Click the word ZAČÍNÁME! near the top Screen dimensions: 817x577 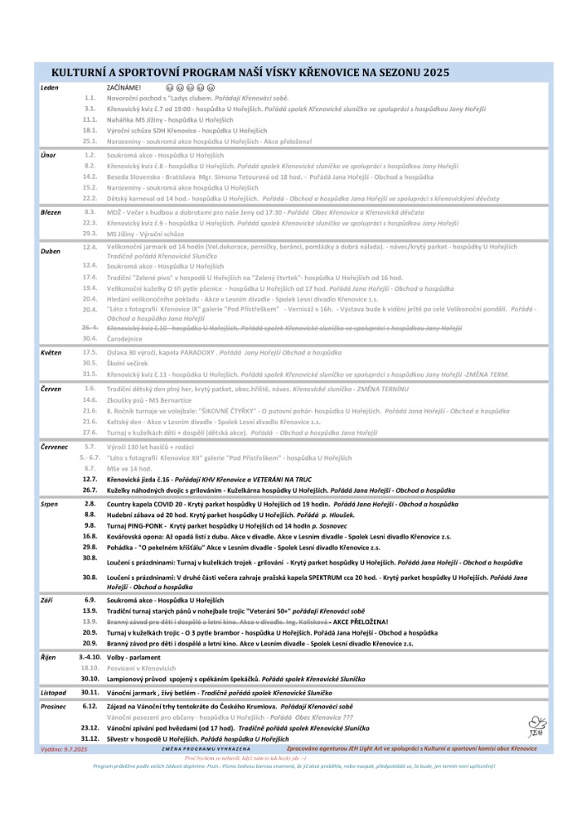(124, 87)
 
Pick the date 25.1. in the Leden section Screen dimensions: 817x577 (90, 141)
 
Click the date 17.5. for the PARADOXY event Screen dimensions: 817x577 (90, 352)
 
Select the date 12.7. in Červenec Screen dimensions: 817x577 (90, 479)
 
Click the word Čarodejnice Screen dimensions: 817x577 (126, 338)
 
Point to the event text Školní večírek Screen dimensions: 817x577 (130, 363)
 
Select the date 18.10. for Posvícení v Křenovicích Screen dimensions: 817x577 (90, 667)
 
